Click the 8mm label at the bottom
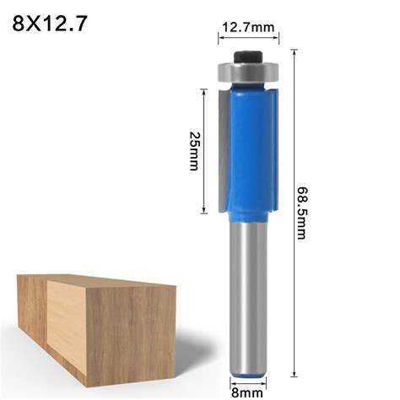pyautogui.click(x=248, y=391)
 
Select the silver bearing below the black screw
pyautogui.click(x=247, y=73)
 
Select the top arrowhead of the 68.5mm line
pyautogui.click(x=294, y=52)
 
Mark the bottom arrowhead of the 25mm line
pyautogui.click(x=203, y=211)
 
